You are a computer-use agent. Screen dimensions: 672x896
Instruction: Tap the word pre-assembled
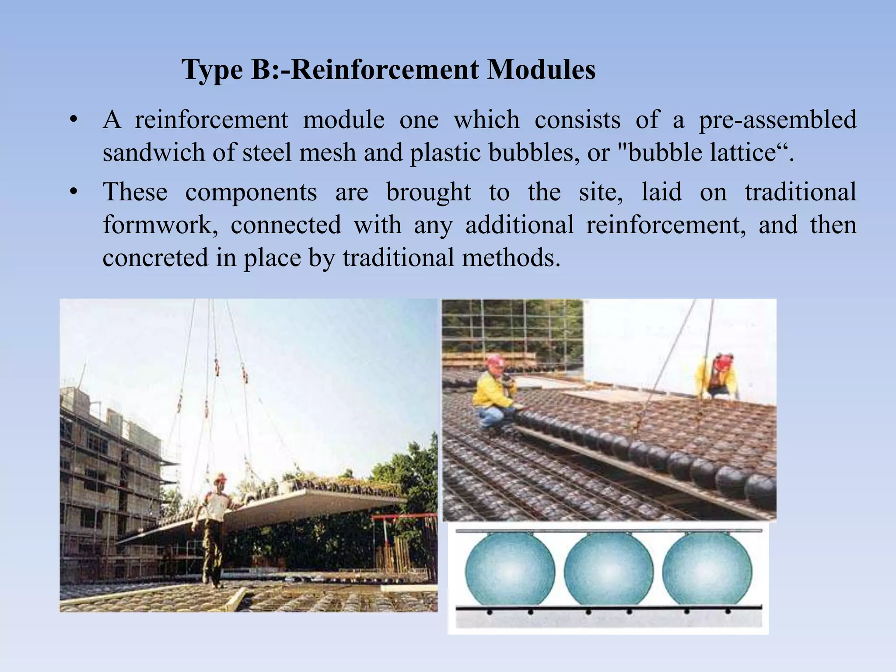tap(777, 120)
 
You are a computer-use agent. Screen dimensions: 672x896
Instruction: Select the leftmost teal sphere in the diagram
tap(510, 571)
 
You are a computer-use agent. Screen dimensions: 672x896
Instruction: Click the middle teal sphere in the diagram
tap(609, 571)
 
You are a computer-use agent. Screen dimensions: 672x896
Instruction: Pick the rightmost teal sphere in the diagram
tap(707, 571)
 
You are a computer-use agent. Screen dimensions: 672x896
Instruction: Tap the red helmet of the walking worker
tap(221, 477)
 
